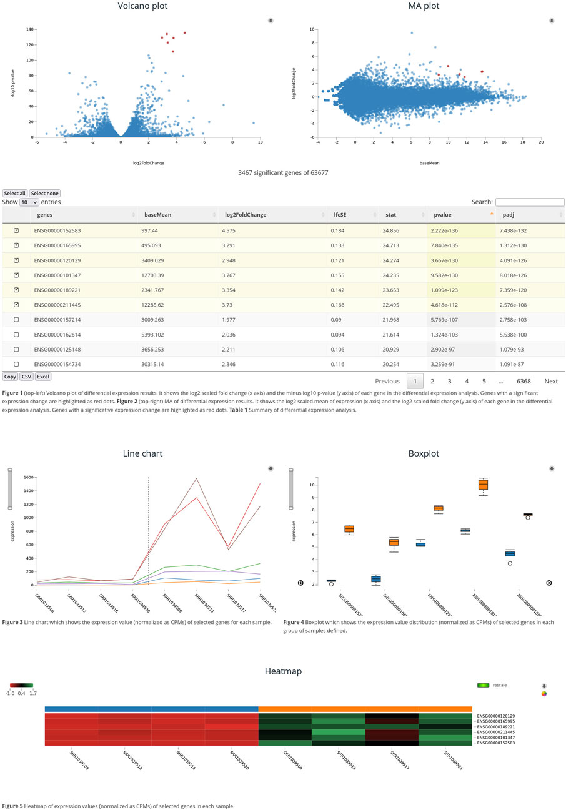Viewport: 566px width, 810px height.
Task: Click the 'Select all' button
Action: pyautogui.click(x=15, y=194)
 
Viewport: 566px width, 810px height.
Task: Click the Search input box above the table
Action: pyautogui.click(x=529, y=202)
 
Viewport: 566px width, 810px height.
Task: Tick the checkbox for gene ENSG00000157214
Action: pyautogui.click(x=16, y=320)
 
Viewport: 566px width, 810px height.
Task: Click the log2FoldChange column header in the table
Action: pyautogui.click(x=246, y=215)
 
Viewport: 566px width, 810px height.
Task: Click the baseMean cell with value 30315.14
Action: pyautogui.click(x=180, y=364)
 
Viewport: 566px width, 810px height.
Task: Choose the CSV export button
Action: pyautogui.click(x=27, y=377)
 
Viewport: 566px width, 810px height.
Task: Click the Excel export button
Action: pyautogui.click(x=43, y=377)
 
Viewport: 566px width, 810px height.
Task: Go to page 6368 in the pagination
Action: pyautogui.click(x=523, y=382)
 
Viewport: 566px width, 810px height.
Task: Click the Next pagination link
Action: pyautogui.click(x=550, y=382)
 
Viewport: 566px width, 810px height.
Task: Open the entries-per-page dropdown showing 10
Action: pyautogui.click(x=29, y=202)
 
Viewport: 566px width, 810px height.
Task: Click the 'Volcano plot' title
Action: pyautogui.click(x=142, y=6)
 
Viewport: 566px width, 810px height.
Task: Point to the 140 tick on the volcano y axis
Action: pyautogui.click(x=29, y=29)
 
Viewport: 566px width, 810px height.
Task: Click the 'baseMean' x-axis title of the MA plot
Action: pyautogui.click(x=429, y=163)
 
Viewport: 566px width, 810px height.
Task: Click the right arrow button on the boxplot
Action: pyautogui.click(x=549, y=583)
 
